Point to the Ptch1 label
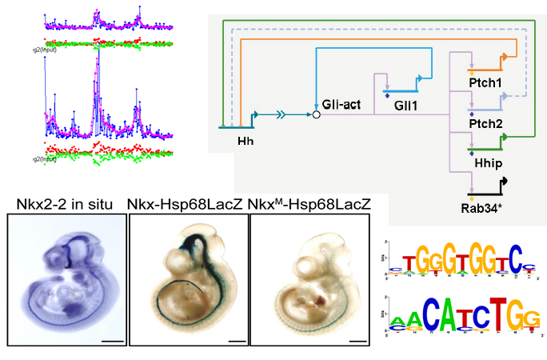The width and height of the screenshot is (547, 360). (485, 83)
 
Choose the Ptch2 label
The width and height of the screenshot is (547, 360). (485, 123)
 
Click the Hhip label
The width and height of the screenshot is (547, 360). (485, 162)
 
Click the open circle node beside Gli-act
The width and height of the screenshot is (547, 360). (315, 115)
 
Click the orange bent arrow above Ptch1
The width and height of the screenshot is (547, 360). (505, 58)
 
